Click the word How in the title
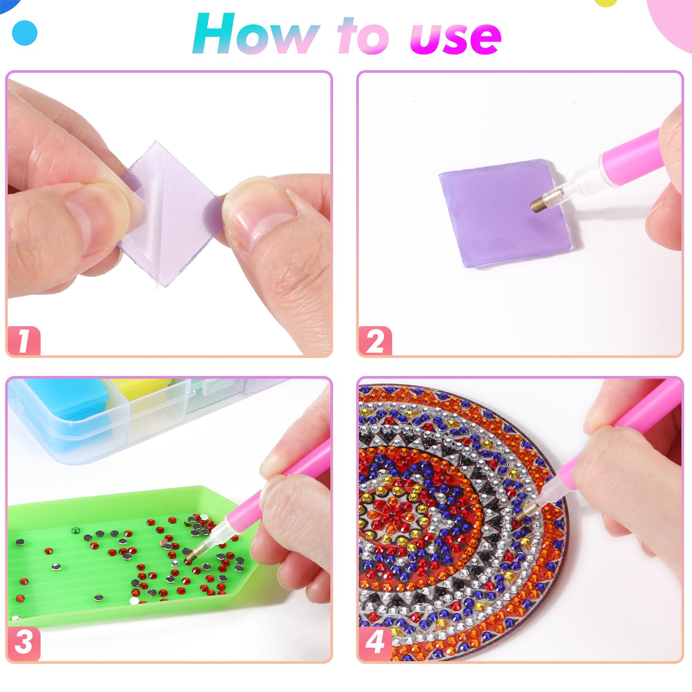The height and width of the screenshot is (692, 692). pos(255,35)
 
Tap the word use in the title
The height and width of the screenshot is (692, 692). pos(455,37)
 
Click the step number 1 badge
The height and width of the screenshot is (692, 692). pos(24,341)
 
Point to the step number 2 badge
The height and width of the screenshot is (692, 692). pos(375,341)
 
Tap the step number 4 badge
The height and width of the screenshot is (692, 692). pos(375,642)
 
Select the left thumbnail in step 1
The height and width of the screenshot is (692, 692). pos(99,217)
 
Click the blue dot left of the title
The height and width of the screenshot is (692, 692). pos(24,33)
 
